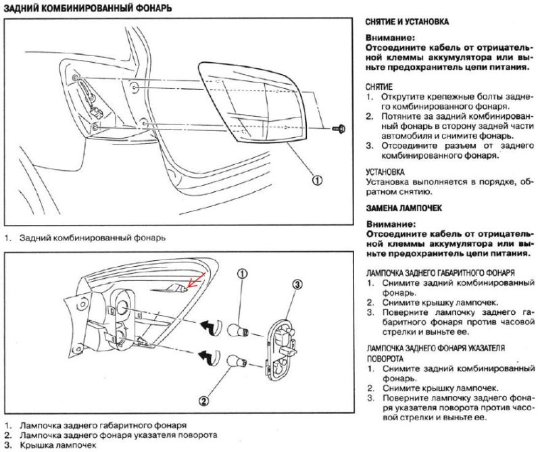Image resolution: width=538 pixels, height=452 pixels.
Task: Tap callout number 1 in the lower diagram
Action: [x=243, y=274]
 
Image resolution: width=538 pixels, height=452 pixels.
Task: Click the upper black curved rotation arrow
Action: [x=208, y=326]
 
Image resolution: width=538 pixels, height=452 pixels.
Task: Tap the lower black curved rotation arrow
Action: [x=208, y=356]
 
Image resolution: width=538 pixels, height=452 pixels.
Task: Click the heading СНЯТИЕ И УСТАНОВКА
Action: [x=406, y=22]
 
